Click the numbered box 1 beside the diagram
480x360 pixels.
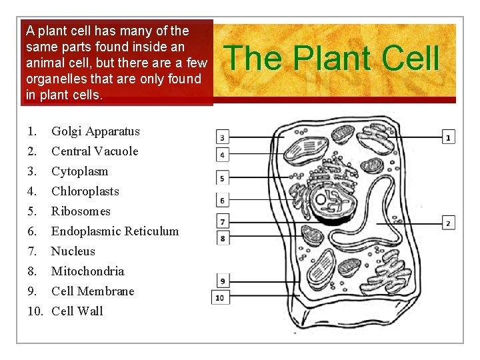pyautogui.click(x=449, y=137)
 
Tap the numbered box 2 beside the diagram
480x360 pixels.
pyautogui.click(x=449, y=222)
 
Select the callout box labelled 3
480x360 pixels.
pyautogui.click(x=222, y=137)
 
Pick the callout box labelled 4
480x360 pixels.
pyautogui.click(x=222, y=155)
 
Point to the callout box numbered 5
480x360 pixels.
pyautogui.click(x=222, y=178)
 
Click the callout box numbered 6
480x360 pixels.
pyautogui.click(x=222, y=200)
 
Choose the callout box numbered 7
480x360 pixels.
pyautogui.click(x=222, y=221)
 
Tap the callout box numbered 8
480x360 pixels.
pyautogui.click(x=222, y=237)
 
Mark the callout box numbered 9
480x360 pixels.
pyautogui.click(x=222, y=281)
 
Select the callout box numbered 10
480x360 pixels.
pyautogui.click(x=220, y=297)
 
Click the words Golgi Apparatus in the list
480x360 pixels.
pyautogui.click(x=95, y=131)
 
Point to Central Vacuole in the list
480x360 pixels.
pyautogui.click(x=95, y=151)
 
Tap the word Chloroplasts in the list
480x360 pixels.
pyautogui.click(x=85, y=191)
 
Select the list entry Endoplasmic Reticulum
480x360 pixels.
pyautogui.click(x=115, y=231)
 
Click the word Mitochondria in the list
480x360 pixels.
pyautogui.click(x=87, y=271)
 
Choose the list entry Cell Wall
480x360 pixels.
pyautogui.click(x=77, y=311)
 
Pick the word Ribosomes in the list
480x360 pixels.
pyautogui.click(x=81, y=211)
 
